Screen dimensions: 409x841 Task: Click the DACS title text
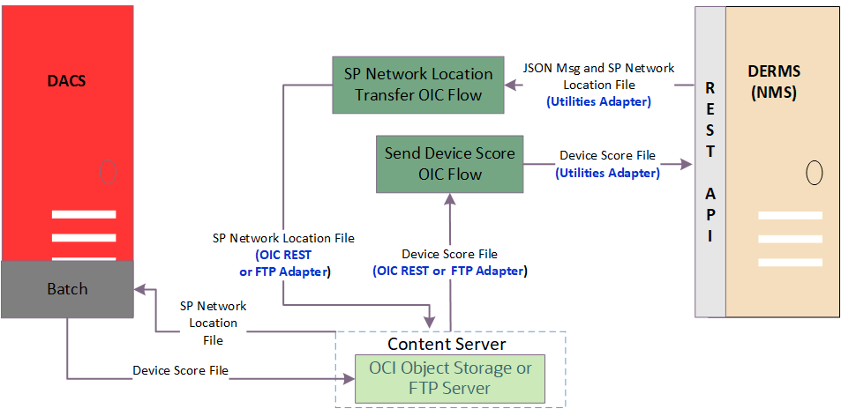coord(67,81)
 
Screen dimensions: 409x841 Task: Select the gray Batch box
coord(67,289)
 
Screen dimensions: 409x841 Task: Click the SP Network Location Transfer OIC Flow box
coord(418,85)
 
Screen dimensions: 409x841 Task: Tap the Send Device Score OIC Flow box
coord(449,164)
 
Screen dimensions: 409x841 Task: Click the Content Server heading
coord(447,343)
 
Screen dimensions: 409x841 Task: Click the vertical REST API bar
coord(710,162)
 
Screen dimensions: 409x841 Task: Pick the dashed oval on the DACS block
coord(107,171)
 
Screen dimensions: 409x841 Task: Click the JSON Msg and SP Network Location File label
coord(598,77)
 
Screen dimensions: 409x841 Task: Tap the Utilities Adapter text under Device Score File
coord(607,173)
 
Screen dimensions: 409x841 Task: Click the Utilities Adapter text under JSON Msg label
coord(598,102)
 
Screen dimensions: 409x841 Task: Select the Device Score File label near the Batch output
coord(180,370)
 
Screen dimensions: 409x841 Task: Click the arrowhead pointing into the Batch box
coord(139,288)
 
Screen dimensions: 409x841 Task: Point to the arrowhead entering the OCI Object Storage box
coord(349,380)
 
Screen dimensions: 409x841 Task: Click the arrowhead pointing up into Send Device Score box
coord(451,198)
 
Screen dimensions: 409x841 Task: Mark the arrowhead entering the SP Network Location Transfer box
coord(510,85)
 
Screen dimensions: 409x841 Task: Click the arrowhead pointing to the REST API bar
coord(687,164)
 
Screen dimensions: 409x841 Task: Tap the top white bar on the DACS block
coord(83,215)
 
